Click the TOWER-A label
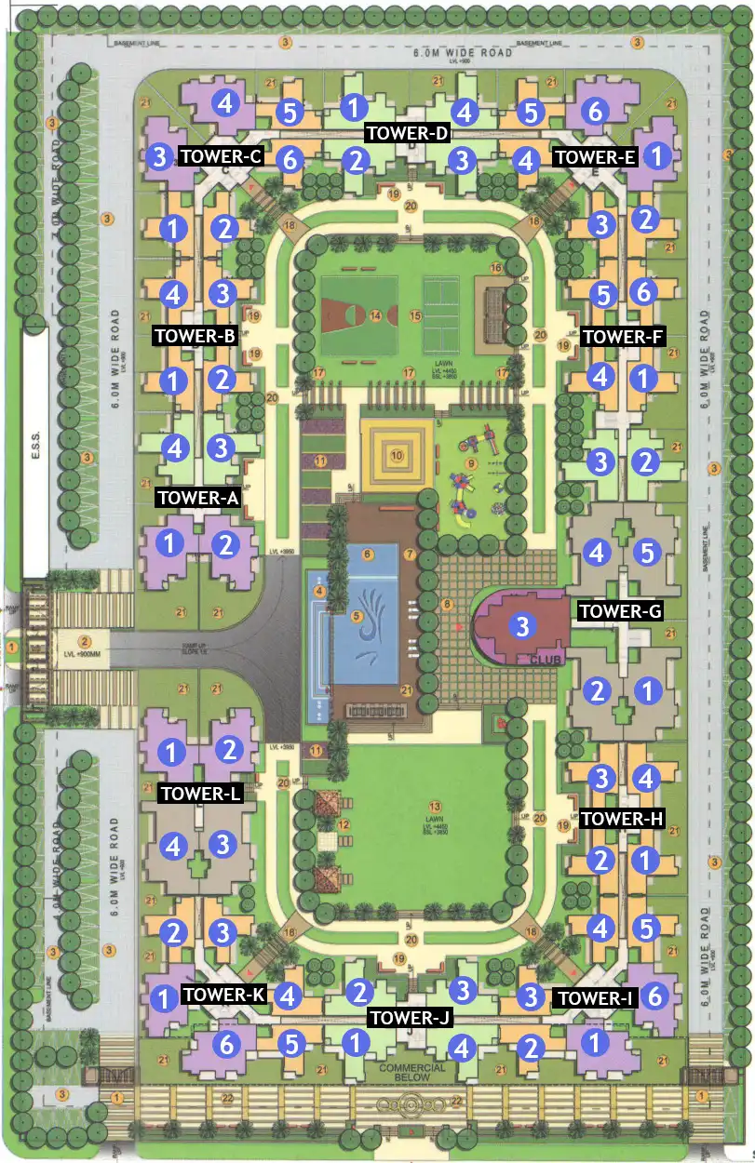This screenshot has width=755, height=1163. point(199,498)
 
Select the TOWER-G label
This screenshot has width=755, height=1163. point(621,611)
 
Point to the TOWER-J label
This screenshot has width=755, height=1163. point(411,1018)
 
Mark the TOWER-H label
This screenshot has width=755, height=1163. point(622,819)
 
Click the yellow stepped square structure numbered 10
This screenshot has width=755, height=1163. point(397,456)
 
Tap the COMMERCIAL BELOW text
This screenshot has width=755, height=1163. point(412,1073)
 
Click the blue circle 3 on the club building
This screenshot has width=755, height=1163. point(522,625)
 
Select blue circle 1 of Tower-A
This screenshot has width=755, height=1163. point(170,543)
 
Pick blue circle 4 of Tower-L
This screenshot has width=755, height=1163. point(171,846)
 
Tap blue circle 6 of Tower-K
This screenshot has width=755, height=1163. point(225,1044)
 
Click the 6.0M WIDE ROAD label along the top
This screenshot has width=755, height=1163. point(464,53)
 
